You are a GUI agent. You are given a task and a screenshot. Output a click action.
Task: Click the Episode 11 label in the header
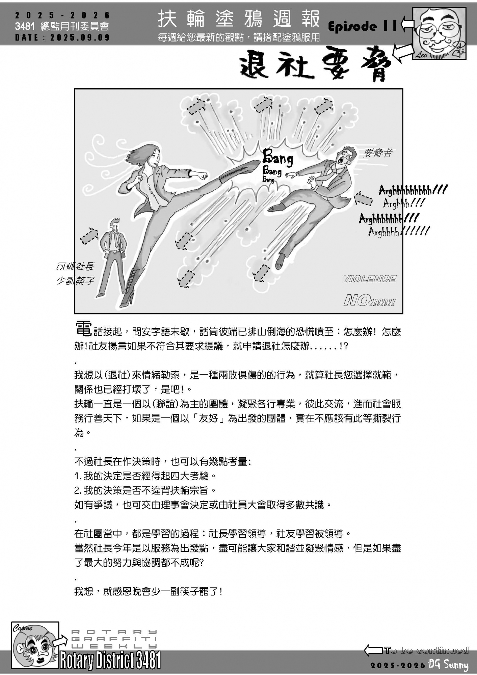tap(363, 26)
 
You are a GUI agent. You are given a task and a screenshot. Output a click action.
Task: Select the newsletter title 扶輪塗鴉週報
tap(239, 19)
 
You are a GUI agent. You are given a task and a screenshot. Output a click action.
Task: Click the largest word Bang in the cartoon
tap(278, 158)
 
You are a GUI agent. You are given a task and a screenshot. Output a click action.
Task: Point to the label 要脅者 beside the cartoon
tap(378, 154)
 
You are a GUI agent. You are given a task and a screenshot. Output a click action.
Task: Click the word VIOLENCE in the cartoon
tap(369, 279)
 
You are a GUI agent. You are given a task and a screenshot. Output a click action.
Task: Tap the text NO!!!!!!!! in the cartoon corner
tap(369, 300)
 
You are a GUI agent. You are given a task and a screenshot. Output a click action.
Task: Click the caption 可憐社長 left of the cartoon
tap(75, 267)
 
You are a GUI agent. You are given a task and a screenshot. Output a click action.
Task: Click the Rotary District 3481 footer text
tap(110, 660)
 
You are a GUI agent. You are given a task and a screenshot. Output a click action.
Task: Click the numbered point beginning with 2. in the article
tap(144, 490)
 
